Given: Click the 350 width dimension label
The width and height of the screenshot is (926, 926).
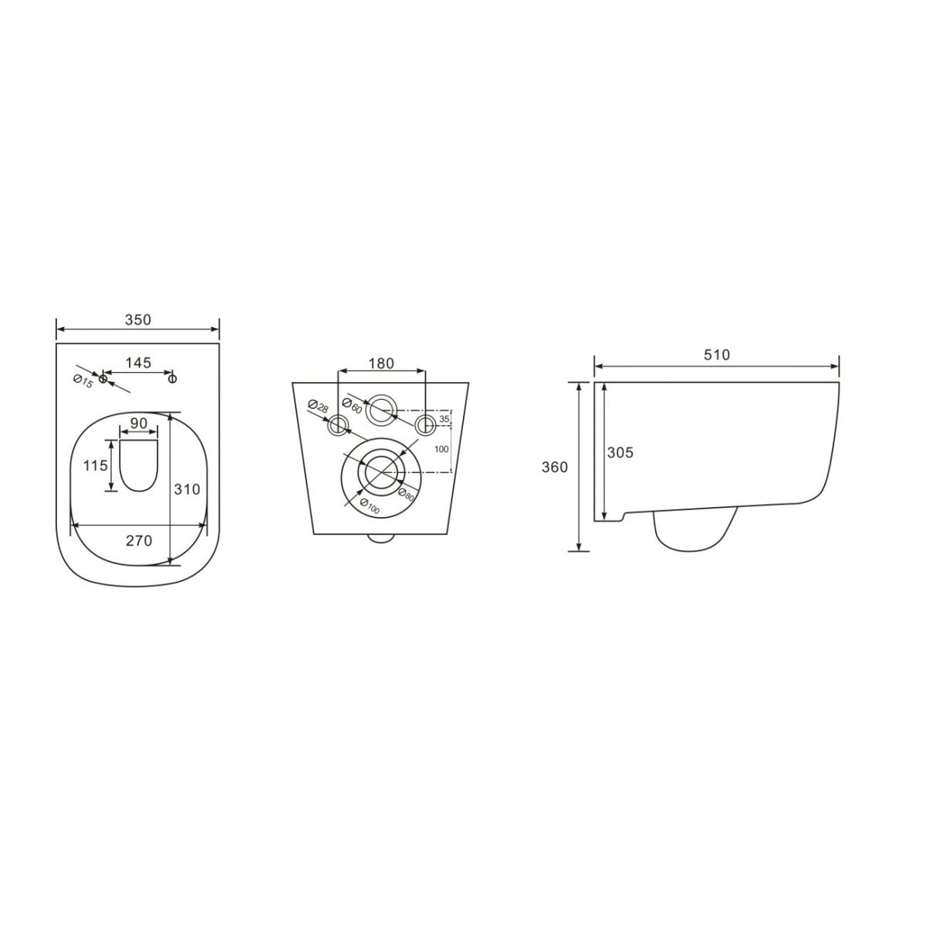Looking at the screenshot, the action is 138,319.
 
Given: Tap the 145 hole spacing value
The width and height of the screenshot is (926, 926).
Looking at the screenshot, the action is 138,363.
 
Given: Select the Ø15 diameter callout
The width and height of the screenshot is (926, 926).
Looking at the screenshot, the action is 83,381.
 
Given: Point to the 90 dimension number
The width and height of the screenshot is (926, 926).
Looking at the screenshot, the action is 138,424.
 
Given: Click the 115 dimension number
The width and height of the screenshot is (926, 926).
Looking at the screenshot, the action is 96,465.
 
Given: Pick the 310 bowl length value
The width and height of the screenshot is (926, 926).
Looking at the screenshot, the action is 187,489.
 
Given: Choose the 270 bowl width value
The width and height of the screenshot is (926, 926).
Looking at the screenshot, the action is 139,541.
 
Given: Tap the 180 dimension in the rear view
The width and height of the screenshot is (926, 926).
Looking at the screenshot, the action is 381,363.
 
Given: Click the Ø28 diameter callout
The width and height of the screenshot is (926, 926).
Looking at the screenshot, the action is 318,406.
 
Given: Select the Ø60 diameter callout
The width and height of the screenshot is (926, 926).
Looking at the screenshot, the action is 352,406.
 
